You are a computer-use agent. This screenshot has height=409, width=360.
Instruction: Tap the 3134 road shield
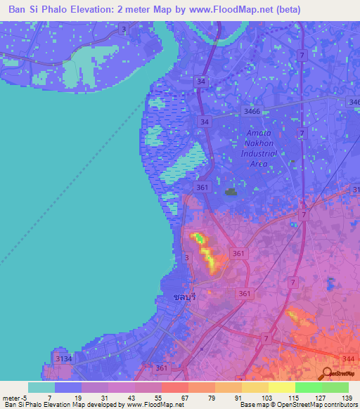click(63, 359)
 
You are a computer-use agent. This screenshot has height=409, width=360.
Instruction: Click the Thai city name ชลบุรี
click(184, 297)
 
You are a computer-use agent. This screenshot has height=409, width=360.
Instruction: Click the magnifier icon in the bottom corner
click(328, 372)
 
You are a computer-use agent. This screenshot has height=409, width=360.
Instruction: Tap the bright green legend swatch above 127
click(308, 387)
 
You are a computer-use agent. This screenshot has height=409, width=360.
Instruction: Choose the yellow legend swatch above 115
click(281, 387)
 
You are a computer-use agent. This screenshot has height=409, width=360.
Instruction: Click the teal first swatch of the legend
click(41, 387)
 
